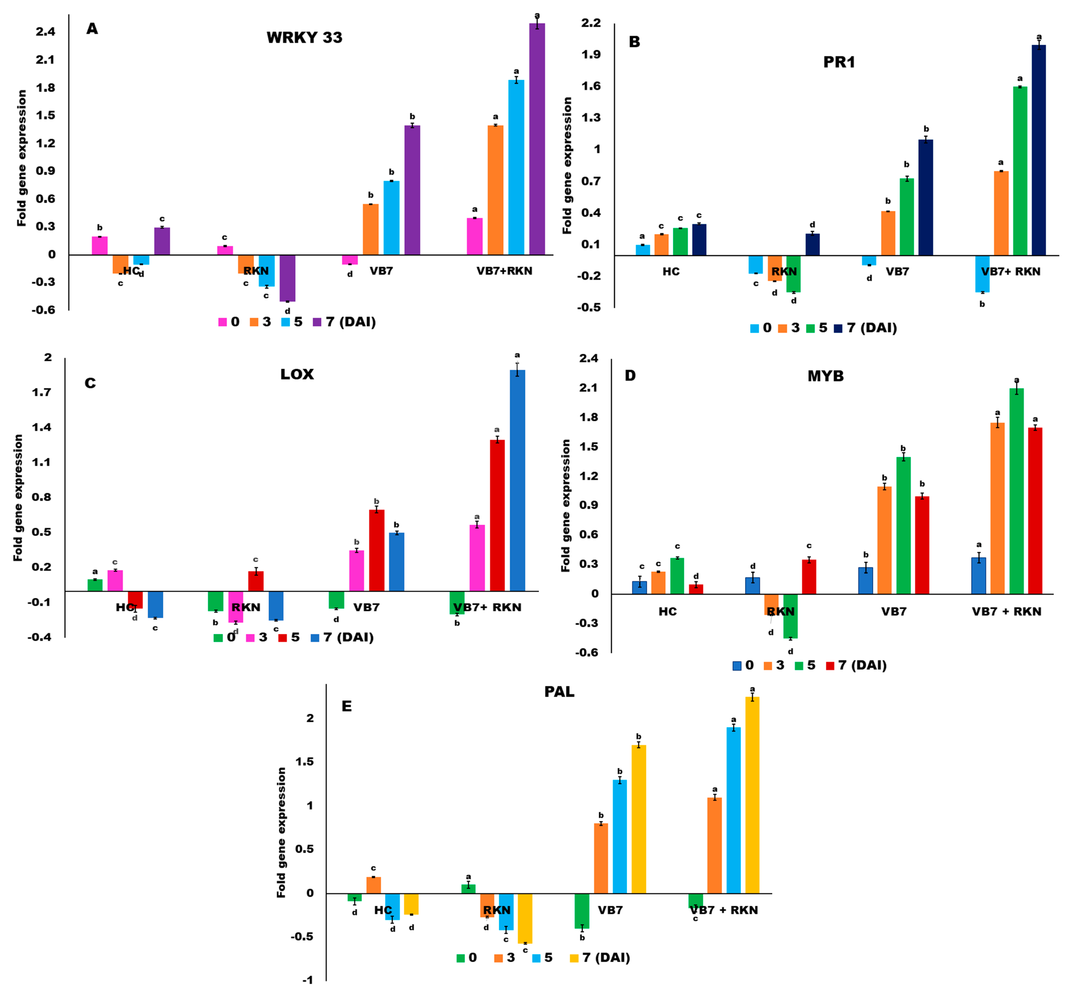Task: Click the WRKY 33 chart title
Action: [x=304, y=38]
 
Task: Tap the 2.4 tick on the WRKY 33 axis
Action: [x=46, y=32]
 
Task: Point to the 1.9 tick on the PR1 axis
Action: [x=590, y=55]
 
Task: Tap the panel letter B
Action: [x=634, y=42]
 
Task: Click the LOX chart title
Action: [x=297, y=374]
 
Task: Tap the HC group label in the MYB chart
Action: [x=667, y=611]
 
